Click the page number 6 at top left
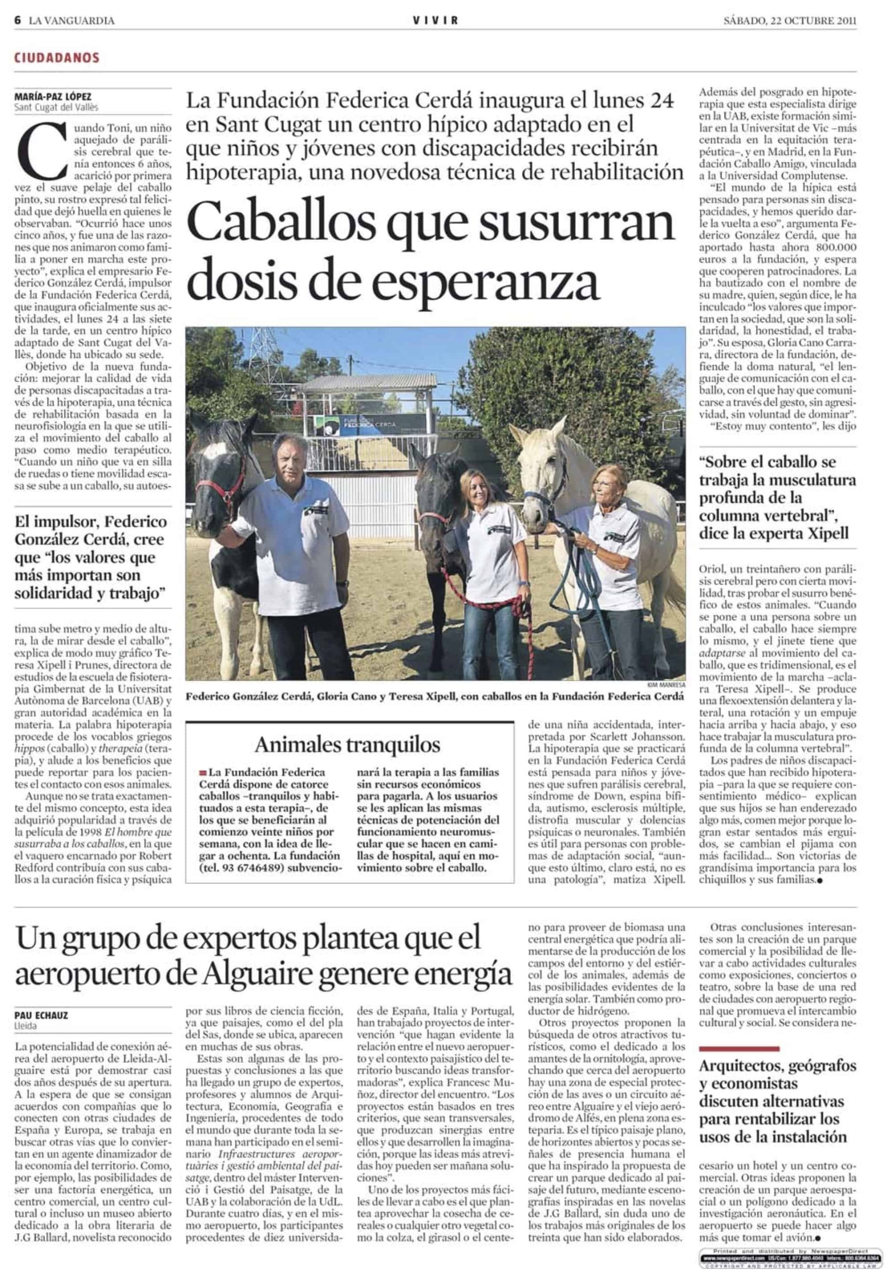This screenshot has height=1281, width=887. pyautogui.click(x=19, y=21)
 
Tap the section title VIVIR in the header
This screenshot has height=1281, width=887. pyautogui.click(x=436, y=21)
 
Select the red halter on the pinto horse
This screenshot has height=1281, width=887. pyautogui.click(x=217, y=489)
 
